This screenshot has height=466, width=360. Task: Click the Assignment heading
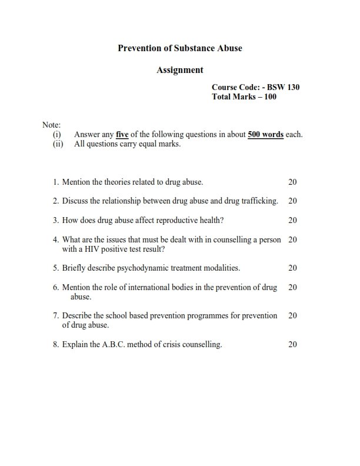pyautogui.click(x=180, y=70)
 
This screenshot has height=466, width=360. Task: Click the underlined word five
pyautogui.click(x=122, y=134)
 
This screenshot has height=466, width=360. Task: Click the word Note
pyautogui.click(x=51, y=125)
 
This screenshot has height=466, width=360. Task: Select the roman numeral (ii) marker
pyautogui.click(x=58, y=144)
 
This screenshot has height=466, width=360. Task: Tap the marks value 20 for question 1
pyautogui.click(x=292, y=182)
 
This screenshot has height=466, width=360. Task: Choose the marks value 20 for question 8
pyautogui.click(x=292, y=345)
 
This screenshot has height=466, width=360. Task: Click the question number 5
pyautogui.click(x=55, y=268)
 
